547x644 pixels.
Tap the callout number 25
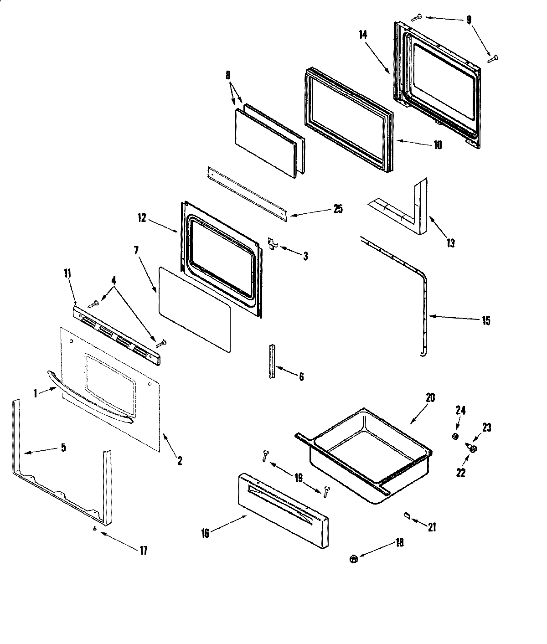coord(337,209)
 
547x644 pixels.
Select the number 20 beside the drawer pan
coord(430,397)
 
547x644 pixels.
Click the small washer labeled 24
coord(455,437)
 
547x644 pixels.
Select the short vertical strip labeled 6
coord(272,361)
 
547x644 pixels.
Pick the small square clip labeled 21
coord(407,515)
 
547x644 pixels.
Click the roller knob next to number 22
coord(473,449)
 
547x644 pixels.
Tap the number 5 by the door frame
coord(63,448)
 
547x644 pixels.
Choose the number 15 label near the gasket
coord(486,321)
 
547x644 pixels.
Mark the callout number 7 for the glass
coord(136,250)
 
